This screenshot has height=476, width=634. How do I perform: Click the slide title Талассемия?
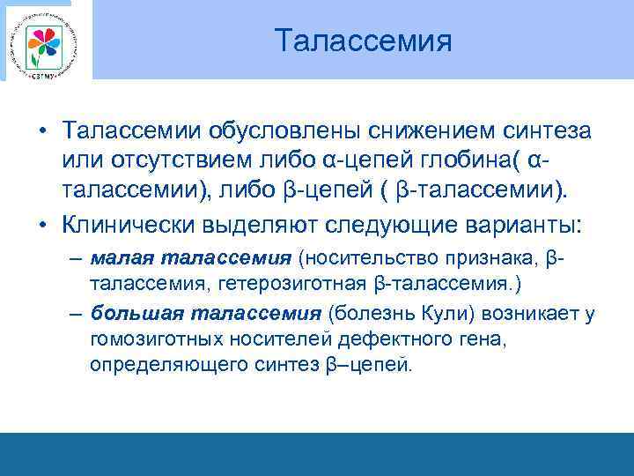point(362,41)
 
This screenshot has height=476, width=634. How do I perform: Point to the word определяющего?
point(157,364)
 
